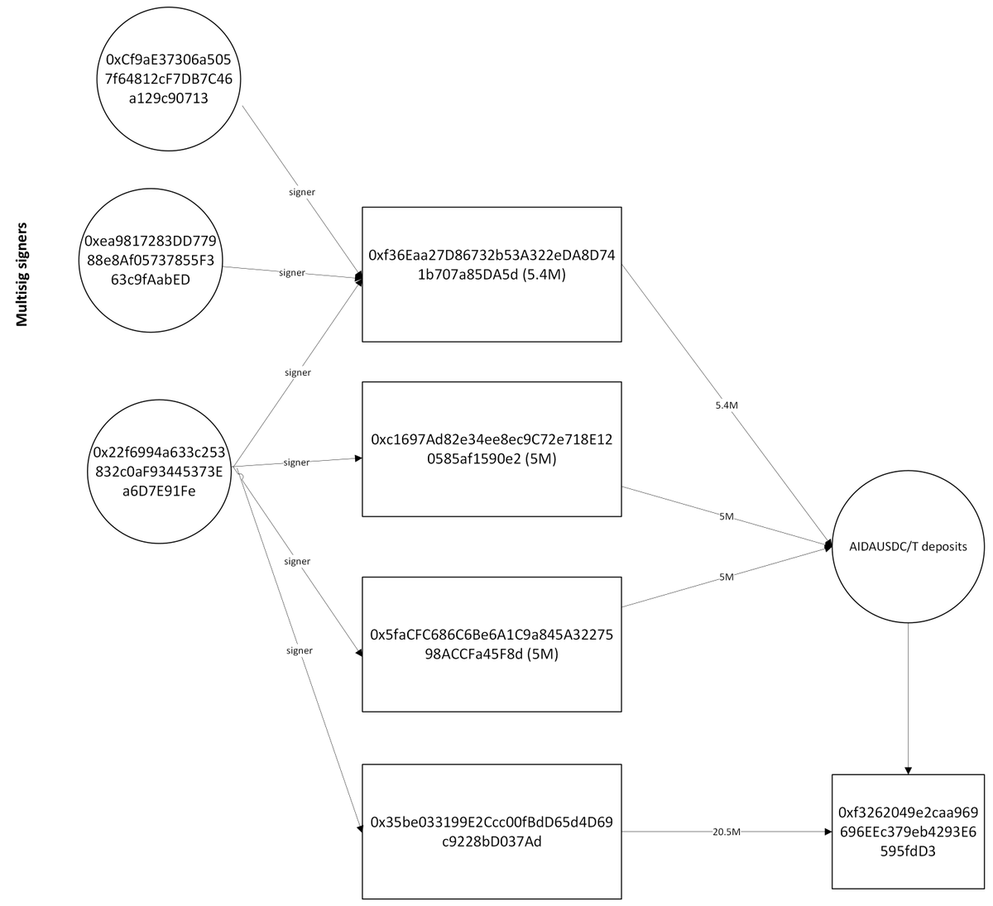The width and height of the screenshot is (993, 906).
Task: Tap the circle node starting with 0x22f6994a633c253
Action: coord(159,472)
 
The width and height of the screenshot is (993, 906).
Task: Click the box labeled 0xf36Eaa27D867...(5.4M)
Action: coord(492,274)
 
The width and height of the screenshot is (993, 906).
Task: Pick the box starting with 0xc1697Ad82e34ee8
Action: coord(492,449)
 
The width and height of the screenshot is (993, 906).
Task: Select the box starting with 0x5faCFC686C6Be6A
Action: coord(492,644)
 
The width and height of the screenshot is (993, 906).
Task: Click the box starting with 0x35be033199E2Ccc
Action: coord(492,832)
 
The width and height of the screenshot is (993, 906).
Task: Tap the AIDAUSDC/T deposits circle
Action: coord(908,547)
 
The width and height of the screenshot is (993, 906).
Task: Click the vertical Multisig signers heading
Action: coord(22,273)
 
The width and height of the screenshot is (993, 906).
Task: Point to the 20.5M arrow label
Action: coord(726,832)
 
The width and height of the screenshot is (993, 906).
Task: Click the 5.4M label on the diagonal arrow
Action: coord(726,406)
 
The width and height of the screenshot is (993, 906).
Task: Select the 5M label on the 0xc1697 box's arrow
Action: coord(726,516)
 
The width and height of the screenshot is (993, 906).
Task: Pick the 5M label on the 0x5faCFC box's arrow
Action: coord(726,577)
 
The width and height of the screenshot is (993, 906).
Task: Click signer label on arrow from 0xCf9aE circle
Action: coord(301,192)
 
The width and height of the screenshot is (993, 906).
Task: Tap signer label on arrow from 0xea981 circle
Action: coord(292,272)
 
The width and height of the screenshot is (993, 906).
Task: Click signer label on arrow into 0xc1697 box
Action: coord(295,463)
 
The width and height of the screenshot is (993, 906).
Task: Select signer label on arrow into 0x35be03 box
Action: coord(299,650)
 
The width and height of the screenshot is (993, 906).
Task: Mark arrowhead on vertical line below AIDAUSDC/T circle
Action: coord(908,769)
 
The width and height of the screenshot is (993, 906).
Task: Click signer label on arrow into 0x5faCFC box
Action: coord(296,562)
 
